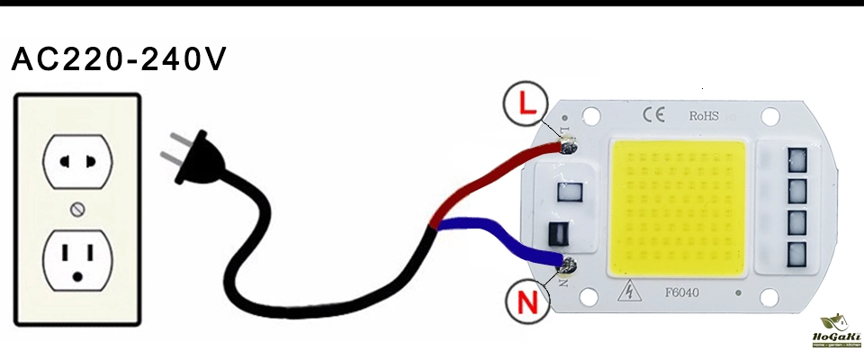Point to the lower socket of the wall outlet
[76, 257]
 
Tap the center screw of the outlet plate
[77, 210]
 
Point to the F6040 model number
[682, 292]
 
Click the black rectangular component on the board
[558, 234]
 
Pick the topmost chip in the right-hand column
[797, 160]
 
